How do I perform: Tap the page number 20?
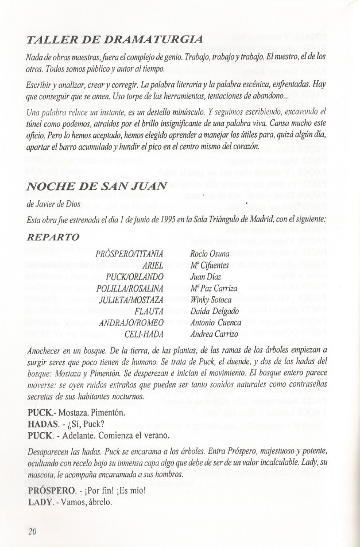(x=32, y=530)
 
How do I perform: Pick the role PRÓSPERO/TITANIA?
(x=131, y=254)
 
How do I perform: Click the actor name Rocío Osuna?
(x=209, y=254)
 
